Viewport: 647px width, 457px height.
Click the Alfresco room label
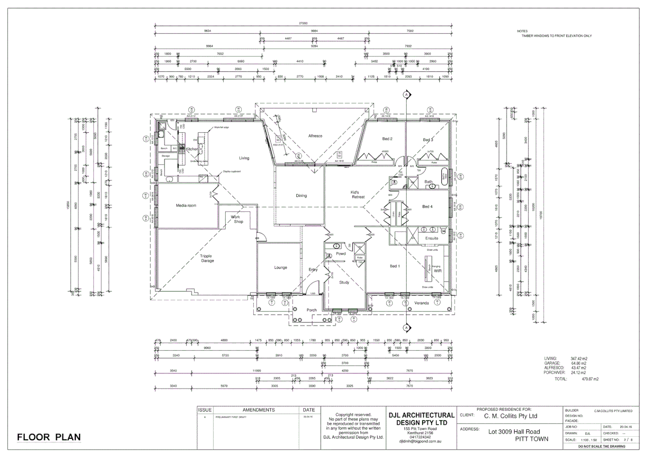[315, 136]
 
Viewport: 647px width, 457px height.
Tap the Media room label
[186, 206]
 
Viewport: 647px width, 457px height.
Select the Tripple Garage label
[207, 259]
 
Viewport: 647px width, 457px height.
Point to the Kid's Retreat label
[358, 195]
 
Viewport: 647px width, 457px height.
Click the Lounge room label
[280, 267]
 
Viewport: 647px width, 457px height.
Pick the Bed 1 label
[394, 266]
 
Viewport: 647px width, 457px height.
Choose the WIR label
[437, 271]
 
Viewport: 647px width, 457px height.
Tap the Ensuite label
[431, 238]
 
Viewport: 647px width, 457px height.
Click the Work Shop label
[237, 219]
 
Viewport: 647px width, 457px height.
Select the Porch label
[311, 310]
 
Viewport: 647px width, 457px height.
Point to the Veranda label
[421, 303]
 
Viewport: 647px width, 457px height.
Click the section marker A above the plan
[406, 94]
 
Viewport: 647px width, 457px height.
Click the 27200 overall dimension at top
[303, 24]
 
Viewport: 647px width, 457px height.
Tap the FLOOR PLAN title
[49, 437]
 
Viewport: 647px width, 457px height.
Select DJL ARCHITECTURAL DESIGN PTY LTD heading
[421, 419]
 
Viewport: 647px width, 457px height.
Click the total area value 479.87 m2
[590, 379]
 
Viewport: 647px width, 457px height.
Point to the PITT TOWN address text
[531, 439]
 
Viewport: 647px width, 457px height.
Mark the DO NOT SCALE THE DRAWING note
[601, 446]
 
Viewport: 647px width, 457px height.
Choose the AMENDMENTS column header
[258, 410]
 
